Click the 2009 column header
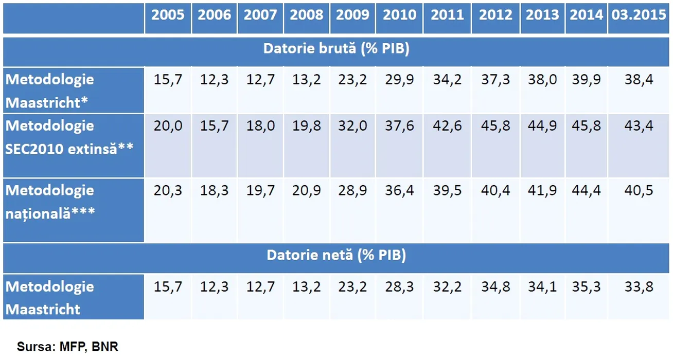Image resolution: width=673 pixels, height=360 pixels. coord(352,15)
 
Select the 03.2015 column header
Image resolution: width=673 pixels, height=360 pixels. coord(639,15)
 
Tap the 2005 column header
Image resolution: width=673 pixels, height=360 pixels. coord(168,15)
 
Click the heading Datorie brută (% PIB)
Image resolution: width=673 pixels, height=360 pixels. coord(336,49)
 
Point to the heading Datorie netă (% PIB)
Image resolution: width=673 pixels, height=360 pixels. coord(336,256)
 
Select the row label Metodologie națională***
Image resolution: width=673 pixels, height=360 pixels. coord(50,202)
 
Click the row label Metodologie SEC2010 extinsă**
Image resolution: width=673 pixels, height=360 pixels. coord(69,137)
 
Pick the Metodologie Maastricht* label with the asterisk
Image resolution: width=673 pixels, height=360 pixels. coord(50,91)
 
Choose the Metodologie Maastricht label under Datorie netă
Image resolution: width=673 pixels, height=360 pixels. coord(50,298)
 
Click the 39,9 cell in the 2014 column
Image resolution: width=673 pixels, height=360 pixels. coord(586,80)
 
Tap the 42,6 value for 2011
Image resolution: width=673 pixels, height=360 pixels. coord(447,126)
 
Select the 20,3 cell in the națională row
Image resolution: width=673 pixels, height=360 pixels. coord(168,190)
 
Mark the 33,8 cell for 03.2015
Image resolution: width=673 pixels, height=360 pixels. coord(639,287)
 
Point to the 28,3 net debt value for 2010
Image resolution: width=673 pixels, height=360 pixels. coord(399,287)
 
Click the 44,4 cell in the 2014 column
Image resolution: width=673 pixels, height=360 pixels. coord(586,190)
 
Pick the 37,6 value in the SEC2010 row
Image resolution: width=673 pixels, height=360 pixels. coord(399,126)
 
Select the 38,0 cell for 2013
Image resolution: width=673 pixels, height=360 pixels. coord(542,80)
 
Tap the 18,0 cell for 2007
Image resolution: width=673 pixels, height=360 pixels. coord(260,126)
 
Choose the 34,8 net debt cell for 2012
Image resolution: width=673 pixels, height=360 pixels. coord(495,287)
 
